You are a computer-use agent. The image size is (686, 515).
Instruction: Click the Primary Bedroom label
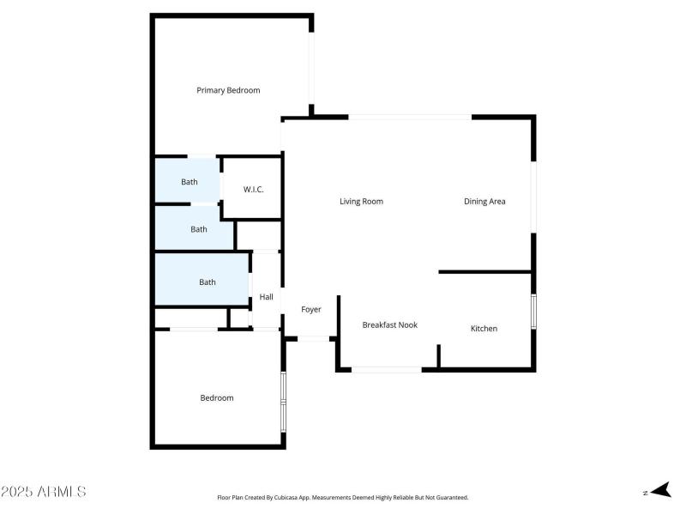tap(228, 90)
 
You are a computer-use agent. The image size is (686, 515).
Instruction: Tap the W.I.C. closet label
tap(253, 189)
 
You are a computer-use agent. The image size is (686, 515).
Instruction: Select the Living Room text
tap(361, 202)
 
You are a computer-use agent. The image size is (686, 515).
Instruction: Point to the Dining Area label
tap(484, 202)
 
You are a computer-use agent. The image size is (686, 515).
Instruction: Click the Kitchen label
tap(484, 329)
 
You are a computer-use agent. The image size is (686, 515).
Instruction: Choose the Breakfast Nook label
tap(389, 325)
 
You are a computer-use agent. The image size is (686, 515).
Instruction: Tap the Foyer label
tap(311, 309)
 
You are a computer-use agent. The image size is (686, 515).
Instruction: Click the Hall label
tap(267, 297)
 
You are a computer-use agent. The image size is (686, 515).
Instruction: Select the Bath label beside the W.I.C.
tap(190, 182)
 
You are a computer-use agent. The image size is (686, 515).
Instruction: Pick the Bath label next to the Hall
tap(208, 282)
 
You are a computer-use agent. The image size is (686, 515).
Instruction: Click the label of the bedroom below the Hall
tap(217, 397)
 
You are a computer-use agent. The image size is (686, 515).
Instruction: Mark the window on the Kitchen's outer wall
tap(533, 311)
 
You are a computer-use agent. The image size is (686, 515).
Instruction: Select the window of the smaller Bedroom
tap(283, 400)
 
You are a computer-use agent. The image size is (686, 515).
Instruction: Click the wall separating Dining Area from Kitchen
tap(485, 272)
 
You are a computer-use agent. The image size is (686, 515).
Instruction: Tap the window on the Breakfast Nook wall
tap(387, 370)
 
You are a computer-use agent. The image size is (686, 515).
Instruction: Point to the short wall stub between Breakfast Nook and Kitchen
tap(439, 356)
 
